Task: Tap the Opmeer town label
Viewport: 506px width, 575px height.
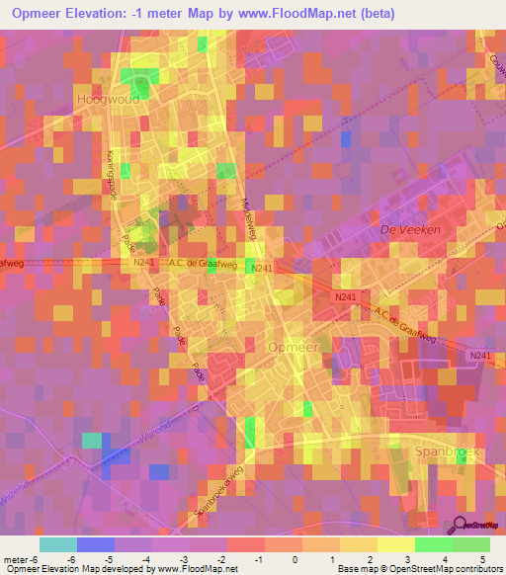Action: [x=294, y=347]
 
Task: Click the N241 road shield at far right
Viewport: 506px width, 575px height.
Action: [x=480, y=356]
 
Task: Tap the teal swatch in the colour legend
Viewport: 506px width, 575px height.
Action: [x=58, y=544]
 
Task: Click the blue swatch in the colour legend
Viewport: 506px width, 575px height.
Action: [x=95, y=544]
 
